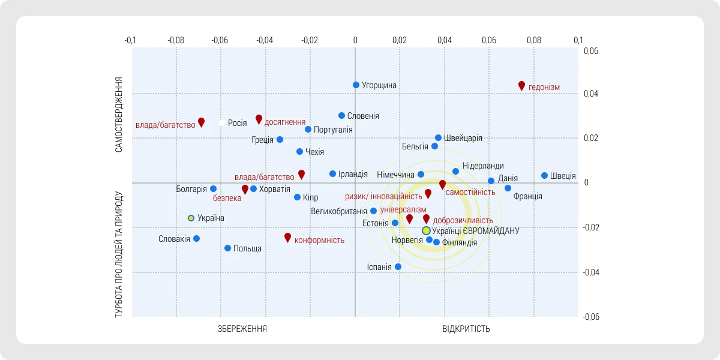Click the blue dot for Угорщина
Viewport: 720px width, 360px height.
click(x=356, y=85)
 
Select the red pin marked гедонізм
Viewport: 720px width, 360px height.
click(x=521, y=85)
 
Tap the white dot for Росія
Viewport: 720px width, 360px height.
click(x=222, y=123)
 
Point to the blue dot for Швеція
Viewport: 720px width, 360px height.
click(x=544, y=176)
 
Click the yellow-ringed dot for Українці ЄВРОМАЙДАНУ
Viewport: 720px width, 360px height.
click(x=426, y=230)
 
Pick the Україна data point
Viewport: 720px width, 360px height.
click(x=191, y=218)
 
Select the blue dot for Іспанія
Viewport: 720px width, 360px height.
click(x=398, y=266)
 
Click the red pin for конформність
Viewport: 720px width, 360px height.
click(x=287, y=237)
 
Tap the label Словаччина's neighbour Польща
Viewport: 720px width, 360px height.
click(x=247, y=248)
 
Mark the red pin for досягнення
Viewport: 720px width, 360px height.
click(x=259, y=119)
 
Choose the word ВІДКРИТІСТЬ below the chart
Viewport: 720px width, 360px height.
click(x=466, y=329)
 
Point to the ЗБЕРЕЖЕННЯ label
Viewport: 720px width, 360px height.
click(x=242, y=329)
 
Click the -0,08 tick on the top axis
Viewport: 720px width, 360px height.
click(x=175, y=40)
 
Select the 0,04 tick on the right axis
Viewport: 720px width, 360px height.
click(x=592, y=94)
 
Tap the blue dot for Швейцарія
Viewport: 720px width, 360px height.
click(x=438, y=138)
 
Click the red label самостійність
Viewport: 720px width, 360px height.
click(x=470, y=192)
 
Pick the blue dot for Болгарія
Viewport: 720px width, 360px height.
click(x=213, y=189)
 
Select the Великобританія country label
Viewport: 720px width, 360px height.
click(x=339, y=211)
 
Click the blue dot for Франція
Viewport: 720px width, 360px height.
click(x=508, y=188)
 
